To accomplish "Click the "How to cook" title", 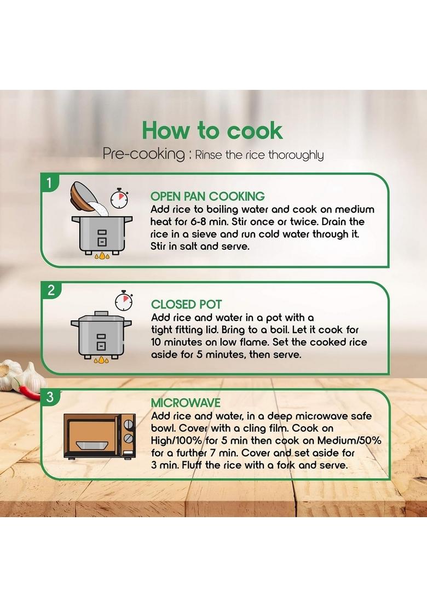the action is [x=212, y=130].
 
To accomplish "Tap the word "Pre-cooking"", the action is [x=144, y=154].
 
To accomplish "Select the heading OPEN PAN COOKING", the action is [x=207, y=196].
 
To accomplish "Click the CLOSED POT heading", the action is [x=187, y=304].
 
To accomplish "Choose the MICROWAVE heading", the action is [x=186, y=403].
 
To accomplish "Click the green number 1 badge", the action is [x=49, y=182].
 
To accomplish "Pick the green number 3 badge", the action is [x=49, y=397].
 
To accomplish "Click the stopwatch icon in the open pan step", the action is [x=119, y=199].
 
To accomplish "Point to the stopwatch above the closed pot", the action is [x=124, y=300].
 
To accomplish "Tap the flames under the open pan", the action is [x=102, y=256].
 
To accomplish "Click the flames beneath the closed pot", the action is [x=101, y=360].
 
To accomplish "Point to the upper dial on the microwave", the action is [x=128, y=425].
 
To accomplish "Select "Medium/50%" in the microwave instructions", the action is [x=349, y=440].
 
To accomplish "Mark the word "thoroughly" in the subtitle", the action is [x=296, y=155].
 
